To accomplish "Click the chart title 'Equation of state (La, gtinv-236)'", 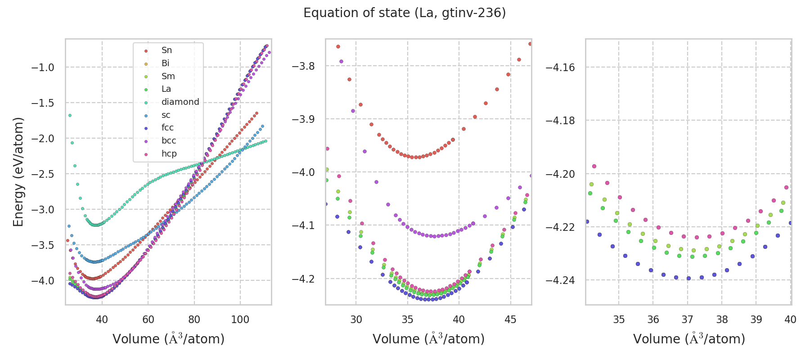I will [405, 13].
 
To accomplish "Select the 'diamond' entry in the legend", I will [180, 102].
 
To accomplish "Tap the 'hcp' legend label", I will [169, 154].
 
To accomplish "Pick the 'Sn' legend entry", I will [166, 50].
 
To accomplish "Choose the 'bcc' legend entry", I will [168, 141].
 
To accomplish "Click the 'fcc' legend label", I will [167, 128].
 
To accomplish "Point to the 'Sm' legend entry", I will [168, 76].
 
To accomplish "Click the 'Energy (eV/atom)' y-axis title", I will [18, 172].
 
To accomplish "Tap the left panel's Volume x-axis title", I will [168, 339].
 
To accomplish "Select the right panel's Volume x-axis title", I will [689, 339].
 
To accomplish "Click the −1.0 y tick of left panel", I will [42, 67].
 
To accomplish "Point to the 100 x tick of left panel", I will [240, 319].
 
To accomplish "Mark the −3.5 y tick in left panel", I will [42, 245].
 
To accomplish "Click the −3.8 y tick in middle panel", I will [303, 66].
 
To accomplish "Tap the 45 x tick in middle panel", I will [510, 319].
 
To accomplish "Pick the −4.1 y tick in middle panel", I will [303, 225].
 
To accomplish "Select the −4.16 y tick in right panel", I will [560, 67].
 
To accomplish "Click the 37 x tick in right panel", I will [687, 319].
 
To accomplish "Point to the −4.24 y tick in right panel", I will [560, 280].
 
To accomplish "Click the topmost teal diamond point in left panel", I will [70, 115].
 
